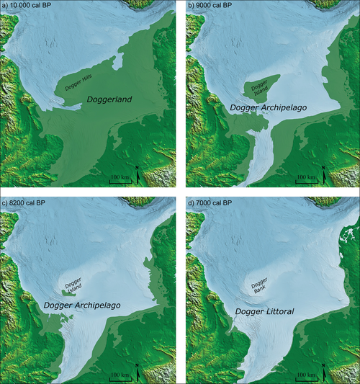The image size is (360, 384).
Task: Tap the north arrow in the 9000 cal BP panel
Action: [323, 173]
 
